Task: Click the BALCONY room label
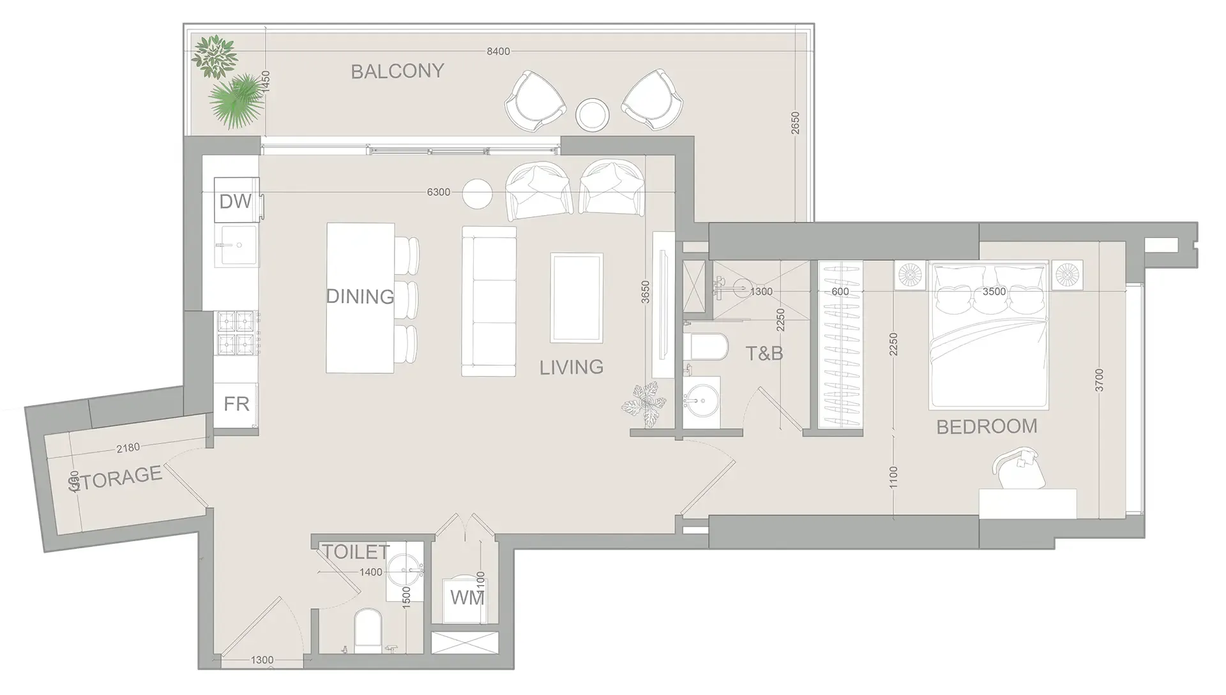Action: click(397, 71)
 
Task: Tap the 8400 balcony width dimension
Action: click(498, 51)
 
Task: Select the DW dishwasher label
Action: click(235, 202)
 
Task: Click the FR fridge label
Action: click(236, 404)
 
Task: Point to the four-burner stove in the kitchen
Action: click(236, 333)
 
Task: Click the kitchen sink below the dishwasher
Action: click(236, 245)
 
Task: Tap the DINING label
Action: click(359, 296)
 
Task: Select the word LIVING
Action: click(571, 367)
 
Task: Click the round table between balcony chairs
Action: click(592, 115)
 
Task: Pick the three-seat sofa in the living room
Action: click(489, 301)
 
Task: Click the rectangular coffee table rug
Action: click(577, 298)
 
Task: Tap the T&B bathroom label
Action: click(764, 353)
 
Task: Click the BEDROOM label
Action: click(987, 426)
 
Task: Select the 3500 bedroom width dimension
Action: click(994, 292)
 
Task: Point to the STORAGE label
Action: click(116, 477)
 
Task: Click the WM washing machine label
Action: click(467, 598)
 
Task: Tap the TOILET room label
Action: click(355, 551)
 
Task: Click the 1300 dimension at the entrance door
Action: click(262, 660)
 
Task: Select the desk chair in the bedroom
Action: click(1018, 471)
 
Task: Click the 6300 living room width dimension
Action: click(438, 192)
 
